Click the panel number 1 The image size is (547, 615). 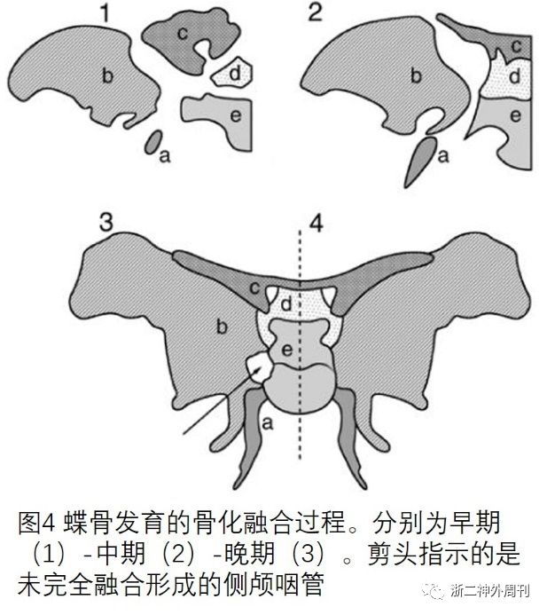(x=104, y=14)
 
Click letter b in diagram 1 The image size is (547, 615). (x=106, y=76)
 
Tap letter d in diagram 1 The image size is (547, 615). (x=234, y=75)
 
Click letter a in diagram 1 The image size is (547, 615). (x=163, y=157)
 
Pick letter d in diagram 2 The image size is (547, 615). (x=513, y=78)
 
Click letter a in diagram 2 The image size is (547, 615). (x=442, y=157)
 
